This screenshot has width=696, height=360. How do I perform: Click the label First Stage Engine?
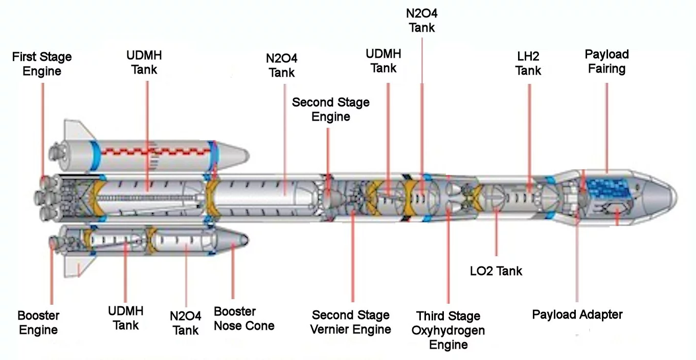[42, 63]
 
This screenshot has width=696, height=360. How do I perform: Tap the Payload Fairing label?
[607, 61]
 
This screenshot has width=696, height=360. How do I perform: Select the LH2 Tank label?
[528, 63]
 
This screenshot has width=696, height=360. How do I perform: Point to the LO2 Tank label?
[496, 271]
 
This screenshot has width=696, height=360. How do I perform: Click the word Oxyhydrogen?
[448, 330]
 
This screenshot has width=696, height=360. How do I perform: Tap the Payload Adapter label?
[577, 314]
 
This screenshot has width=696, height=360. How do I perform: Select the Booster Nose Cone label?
[244, 318]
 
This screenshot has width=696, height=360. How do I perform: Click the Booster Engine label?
[38, 322]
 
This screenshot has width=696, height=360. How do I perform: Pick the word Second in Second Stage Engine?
[311, 102]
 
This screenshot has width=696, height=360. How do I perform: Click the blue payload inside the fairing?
[608, 188]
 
